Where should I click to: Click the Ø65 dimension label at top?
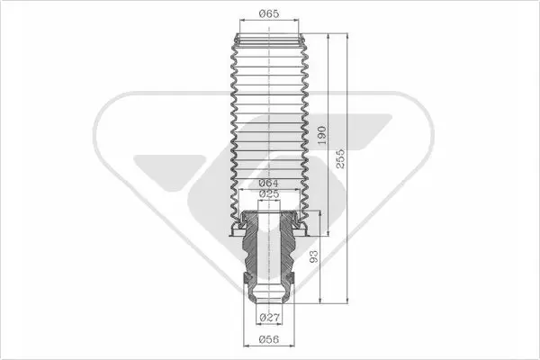point(268,13)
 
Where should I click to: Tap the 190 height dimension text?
point(321,135)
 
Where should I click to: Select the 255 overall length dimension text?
point(340,158)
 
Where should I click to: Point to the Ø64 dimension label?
point(268,184)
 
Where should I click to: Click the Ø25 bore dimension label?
point(268,194)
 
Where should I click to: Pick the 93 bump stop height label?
point(314,256)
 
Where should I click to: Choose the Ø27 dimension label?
point(269,317)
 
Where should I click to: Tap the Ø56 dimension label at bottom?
point(268,339)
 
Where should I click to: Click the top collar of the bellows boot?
point(269,40)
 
